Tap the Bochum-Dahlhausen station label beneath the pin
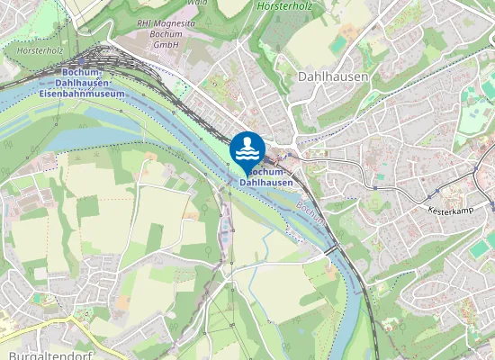pyautogui.click(x=266, y=177)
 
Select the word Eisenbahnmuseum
pyautogui.click(x=82, y=93)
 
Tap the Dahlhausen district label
pyautogui.click(x=332, y=77)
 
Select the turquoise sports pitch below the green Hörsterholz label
pyautogui.click(x=337, y=44)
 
